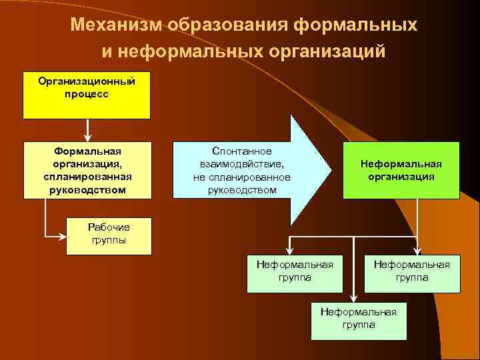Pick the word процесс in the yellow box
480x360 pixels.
click(x=87, y=94)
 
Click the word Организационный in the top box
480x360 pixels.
click(x=87, y=81)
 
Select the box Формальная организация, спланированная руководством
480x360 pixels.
click(x=87, y=170)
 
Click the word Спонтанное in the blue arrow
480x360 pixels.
click(x=241, y=152)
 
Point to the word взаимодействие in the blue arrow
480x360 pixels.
click(x=241, y=165)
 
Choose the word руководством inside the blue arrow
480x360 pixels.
click(x=241, y=190)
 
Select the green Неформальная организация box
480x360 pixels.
click(x=401, y=170)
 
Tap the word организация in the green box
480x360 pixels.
click(x=401, y=177)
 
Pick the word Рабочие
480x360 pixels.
click(x=109, y=227)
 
